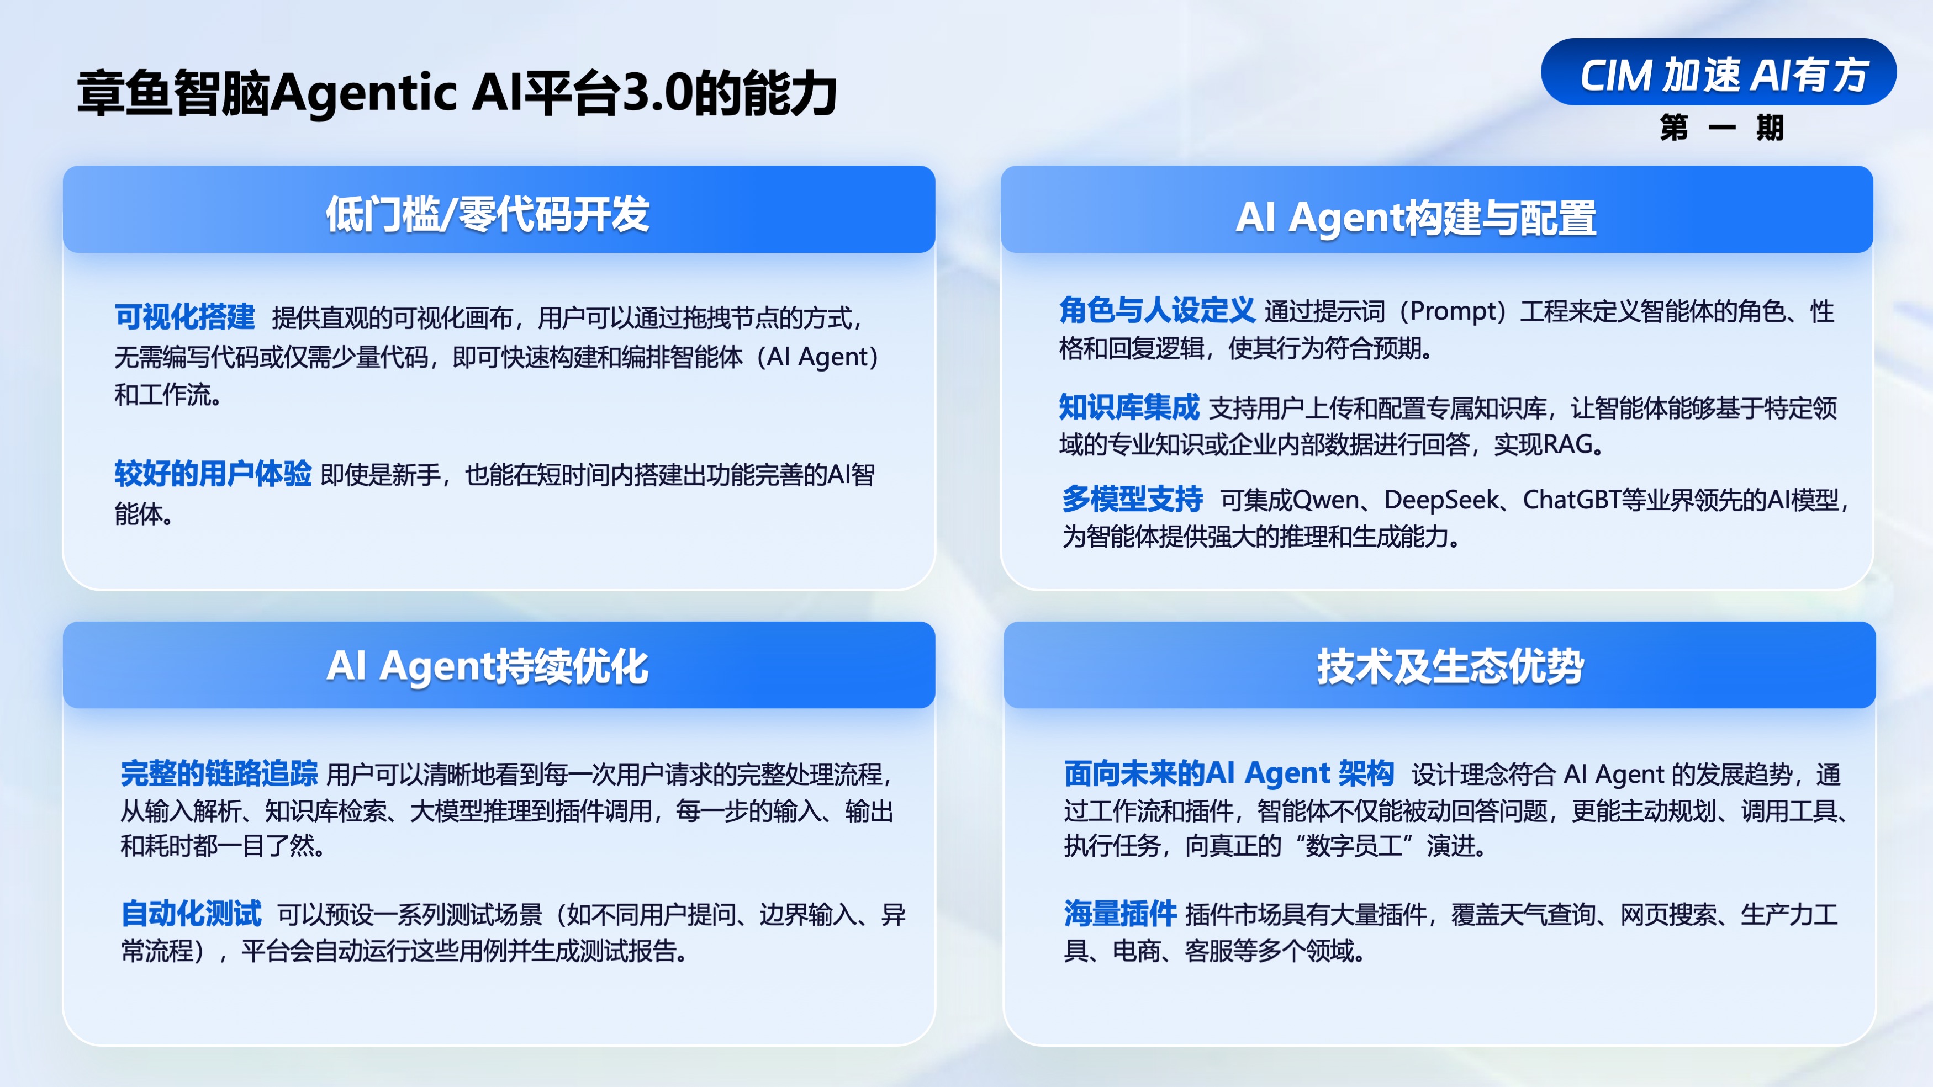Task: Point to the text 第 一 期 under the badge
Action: (1721, 128)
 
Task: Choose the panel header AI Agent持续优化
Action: (488, 666)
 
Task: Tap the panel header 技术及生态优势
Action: (1450, 666)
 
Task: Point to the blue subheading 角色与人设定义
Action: (1157, 310)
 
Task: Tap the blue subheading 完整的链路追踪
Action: (219, 773)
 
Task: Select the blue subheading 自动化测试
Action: (191, 914)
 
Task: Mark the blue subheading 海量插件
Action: (1119, 914)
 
